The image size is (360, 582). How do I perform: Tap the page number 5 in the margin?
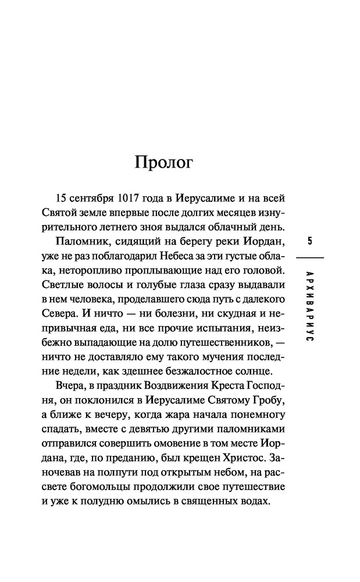click(309, 241)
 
